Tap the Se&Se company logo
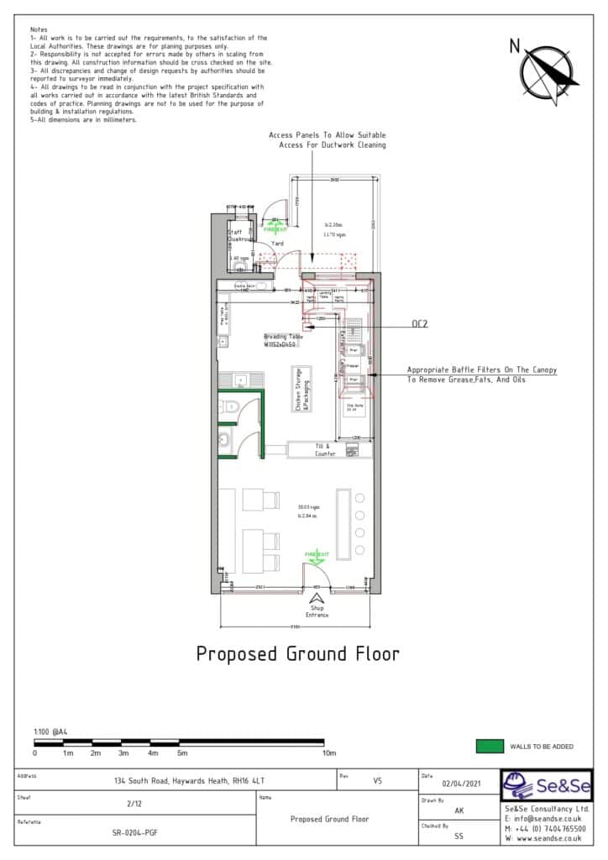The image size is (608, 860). click(x=546, y=787)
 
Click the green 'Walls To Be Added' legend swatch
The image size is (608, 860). click(x=488, y=746)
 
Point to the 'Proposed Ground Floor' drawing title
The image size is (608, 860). click(x=297, y=653)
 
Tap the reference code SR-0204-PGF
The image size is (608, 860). click(x=134, y=833)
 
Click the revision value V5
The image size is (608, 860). click(x=377, y=780)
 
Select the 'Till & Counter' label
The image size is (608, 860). click(x=325, y=450)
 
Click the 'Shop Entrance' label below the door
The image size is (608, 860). click(x=317, y=612)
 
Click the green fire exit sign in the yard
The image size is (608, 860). click(x=275, y=227)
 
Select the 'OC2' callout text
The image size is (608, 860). click(x=420, y=323)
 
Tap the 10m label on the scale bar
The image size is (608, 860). click(x=329, y=753)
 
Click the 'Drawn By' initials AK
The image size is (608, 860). click(x=459, y=811)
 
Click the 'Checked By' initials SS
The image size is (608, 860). click(x=459, y=836)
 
